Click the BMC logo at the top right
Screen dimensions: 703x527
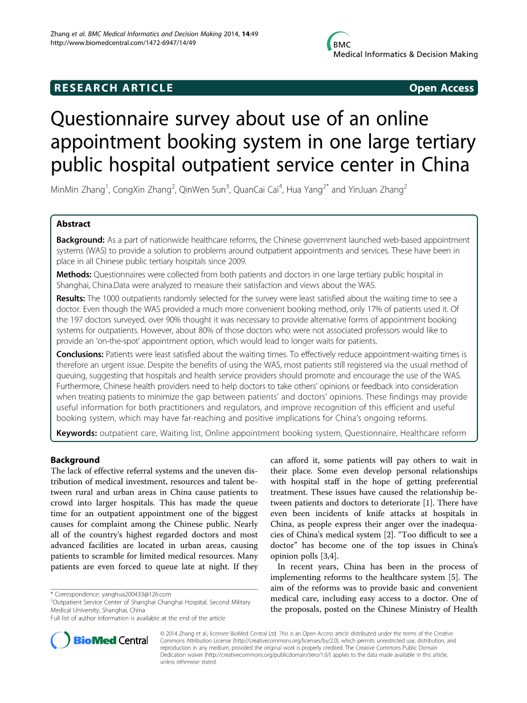click(x=342, y=43)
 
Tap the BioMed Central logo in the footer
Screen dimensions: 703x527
click(x=100, y=640)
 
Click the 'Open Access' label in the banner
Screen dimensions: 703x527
click(x=441, y=88)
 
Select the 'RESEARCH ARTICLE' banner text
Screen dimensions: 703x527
click(x=112, y=88)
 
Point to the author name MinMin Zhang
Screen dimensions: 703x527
click(x=77, y=190)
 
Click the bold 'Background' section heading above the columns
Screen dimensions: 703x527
click(x=75, y=460)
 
